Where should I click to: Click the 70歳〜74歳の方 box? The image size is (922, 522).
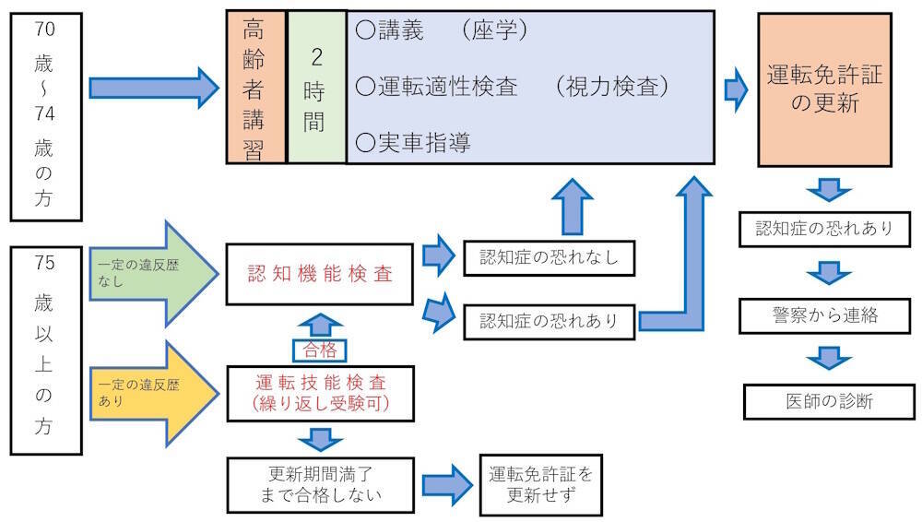click(x=43, y=115)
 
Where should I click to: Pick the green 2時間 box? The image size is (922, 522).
click(x=315, y=88)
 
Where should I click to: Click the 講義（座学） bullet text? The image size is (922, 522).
click(x=441, y=30)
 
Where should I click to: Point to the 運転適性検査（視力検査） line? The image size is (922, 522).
click(x=511, y=87)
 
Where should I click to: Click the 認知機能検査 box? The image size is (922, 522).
click(x=319, y=273)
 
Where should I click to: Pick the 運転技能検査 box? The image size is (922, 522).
click(x=319, y=394)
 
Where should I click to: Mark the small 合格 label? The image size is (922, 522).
click(x=319, y=350)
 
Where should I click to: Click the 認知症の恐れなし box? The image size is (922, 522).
click(x=549, y=257)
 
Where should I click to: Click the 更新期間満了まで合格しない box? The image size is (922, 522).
click(x=319, y=485)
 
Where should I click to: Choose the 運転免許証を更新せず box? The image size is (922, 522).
click(x=541, y=485)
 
